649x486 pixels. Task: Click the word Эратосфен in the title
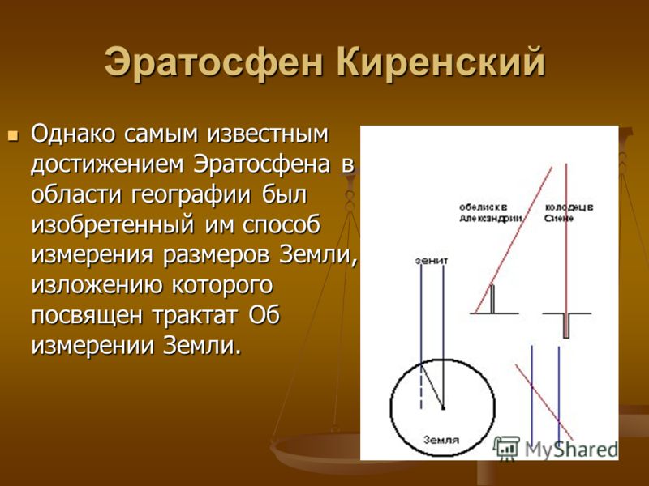tap(213, 63)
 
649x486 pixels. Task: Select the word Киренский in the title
tap(441, 62)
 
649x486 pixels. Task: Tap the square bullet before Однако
tap(14, 135)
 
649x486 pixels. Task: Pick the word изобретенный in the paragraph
tap(113, 226)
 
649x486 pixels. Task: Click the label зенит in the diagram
tap(432, 261)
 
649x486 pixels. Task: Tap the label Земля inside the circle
tap(441, 440)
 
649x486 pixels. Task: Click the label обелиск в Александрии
tap(491, 212)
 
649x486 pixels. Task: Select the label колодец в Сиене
tap(569, 212)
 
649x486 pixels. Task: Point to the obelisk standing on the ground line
tap(492, 299)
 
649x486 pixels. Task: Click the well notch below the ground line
tap(566, 326)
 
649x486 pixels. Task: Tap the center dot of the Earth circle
tap(443, 408)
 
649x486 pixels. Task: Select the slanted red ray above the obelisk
tap(514, 240)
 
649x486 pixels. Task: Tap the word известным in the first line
tap(268, 134)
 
